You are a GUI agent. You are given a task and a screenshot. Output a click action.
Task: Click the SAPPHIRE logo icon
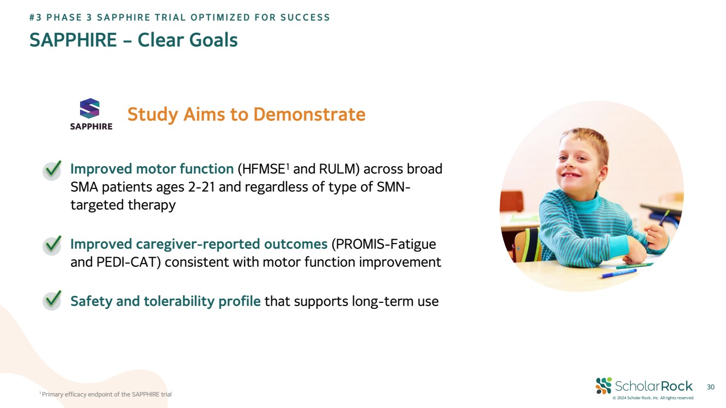point(89,108)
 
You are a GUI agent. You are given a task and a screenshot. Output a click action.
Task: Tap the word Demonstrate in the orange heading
point(309,114)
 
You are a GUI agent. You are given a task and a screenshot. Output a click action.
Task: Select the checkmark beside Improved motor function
point(52,170)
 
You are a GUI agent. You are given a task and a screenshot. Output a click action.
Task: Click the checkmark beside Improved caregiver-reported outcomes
point(52,245)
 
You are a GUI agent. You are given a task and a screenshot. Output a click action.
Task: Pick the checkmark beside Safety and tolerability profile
point(52,300)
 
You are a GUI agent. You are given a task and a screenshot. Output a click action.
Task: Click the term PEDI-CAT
point(126,262)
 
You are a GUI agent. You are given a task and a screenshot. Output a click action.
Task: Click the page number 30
point(711,387)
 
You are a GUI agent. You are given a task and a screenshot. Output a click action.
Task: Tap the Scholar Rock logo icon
point(603,386)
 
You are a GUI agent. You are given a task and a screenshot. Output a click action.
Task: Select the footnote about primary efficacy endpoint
point(105,394)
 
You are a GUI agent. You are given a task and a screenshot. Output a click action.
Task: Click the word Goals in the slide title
point(213,40)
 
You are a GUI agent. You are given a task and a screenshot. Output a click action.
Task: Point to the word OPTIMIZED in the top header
point(220,17)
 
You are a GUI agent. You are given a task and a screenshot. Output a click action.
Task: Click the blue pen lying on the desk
point(619,273)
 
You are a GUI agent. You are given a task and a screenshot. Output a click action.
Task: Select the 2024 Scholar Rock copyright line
point(653,398)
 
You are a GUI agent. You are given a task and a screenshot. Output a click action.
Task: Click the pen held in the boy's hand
point(658,226)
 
